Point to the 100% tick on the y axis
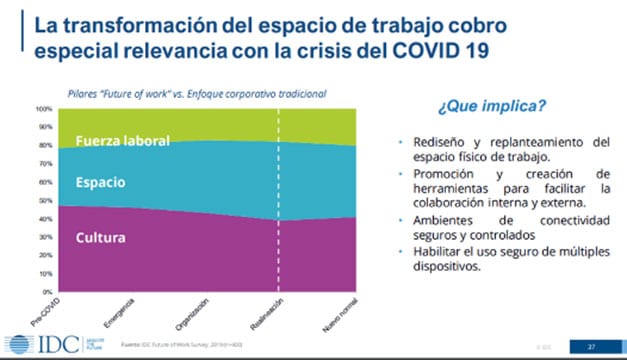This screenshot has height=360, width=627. [x=45, y=108]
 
